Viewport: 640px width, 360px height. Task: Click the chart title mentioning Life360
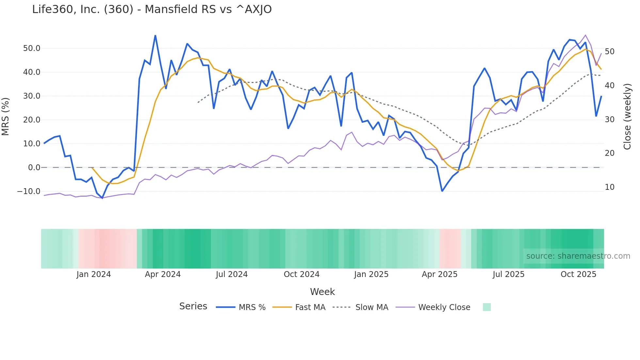click(x=152, y=9)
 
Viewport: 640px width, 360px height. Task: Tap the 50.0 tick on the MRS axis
click(x=32, y=48)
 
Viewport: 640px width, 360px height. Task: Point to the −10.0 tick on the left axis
click(x=29, y=191)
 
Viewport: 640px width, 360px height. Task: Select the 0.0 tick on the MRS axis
click(x=34, y=168)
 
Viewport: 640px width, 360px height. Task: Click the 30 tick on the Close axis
click(x=609, y=120)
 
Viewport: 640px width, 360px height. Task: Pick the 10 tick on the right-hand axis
click(x=609, y=187)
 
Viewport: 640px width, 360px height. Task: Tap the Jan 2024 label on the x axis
click(x=94, y=274)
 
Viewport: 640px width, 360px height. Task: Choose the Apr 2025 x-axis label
click(x=440, y=274)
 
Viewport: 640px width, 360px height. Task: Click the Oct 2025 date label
click(x=578, y=274)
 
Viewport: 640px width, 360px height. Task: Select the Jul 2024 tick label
click(x=232, y=274)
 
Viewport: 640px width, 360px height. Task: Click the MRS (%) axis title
click(x=6, y=116)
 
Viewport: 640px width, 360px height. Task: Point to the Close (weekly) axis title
click(x=627, y=117)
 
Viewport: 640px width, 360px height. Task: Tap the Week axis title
click(x=322, y=292)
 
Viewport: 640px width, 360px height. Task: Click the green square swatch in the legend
click(x=487, y=307)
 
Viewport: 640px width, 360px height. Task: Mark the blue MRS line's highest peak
click(x=155, y=35)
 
